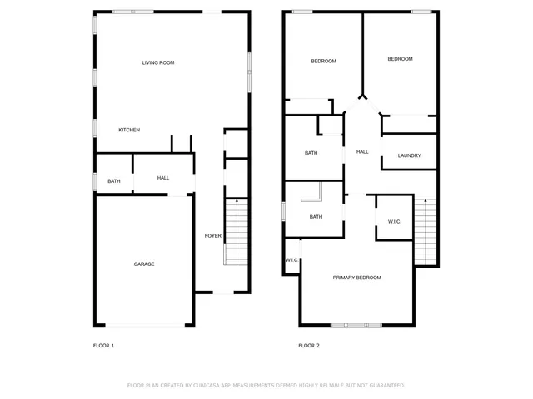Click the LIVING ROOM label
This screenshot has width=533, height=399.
[157, 62]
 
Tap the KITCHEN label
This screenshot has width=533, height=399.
[129, 130]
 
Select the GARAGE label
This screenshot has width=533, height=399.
[144, 264]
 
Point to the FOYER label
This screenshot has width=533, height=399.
[213, 236]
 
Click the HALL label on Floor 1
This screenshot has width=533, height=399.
[163, 178]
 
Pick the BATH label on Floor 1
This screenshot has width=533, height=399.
[114, 181]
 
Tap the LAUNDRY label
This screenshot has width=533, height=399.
[409, 156]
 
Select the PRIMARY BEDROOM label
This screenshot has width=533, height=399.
[357, 278]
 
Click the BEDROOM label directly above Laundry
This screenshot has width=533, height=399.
[400, 59]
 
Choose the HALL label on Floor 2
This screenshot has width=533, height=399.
[362, 152]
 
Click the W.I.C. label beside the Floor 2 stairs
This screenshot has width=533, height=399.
[395, 221]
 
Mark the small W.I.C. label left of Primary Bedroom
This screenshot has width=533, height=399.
[292, 260]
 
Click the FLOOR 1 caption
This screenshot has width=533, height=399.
[103, 346]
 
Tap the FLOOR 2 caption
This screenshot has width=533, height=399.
[309, 346]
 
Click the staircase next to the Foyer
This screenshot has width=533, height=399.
[237, 233]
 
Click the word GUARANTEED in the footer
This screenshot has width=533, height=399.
[385, 386]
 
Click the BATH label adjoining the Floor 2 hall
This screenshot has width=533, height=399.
[311, 153]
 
